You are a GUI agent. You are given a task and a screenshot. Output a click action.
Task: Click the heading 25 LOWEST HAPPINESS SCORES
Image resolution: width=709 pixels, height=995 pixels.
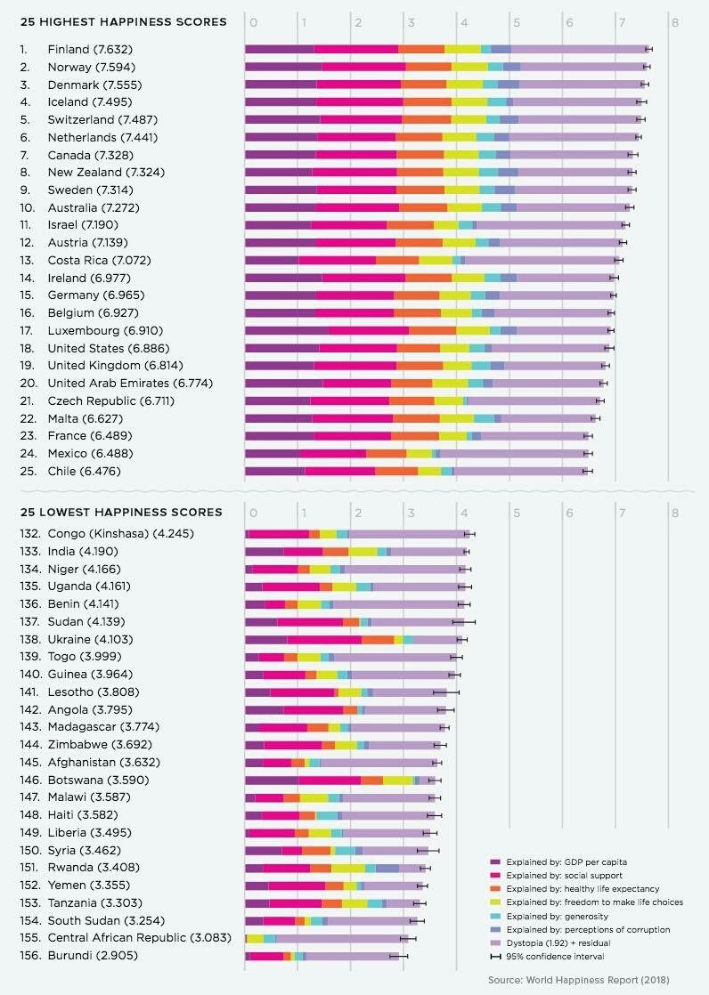pos(121,513)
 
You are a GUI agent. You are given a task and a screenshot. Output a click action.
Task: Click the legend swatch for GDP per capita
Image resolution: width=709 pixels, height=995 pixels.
pos(495,862)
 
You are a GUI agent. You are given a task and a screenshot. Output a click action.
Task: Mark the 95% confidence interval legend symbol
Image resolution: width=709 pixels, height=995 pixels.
pos(495,957)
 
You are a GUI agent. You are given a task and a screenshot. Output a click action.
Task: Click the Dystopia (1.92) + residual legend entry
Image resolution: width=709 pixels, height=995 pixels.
pos(563,943)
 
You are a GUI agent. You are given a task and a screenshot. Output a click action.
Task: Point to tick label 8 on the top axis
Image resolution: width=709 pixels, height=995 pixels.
pos(675,21)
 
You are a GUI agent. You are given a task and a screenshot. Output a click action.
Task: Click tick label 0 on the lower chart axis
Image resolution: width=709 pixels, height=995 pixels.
pos(254,513)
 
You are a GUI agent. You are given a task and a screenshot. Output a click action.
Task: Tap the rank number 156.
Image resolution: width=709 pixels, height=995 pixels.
pos(30,955)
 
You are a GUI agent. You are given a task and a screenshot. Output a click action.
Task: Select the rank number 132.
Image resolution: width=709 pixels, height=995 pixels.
pos(30,533)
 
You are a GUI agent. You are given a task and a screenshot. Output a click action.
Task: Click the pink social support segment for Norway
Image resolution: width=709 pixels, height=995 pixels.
pos(363,67)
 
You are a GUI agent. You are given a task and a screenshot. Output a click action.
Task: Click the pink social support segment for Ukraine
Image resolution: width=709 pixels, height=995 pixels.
pos(324,639)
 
